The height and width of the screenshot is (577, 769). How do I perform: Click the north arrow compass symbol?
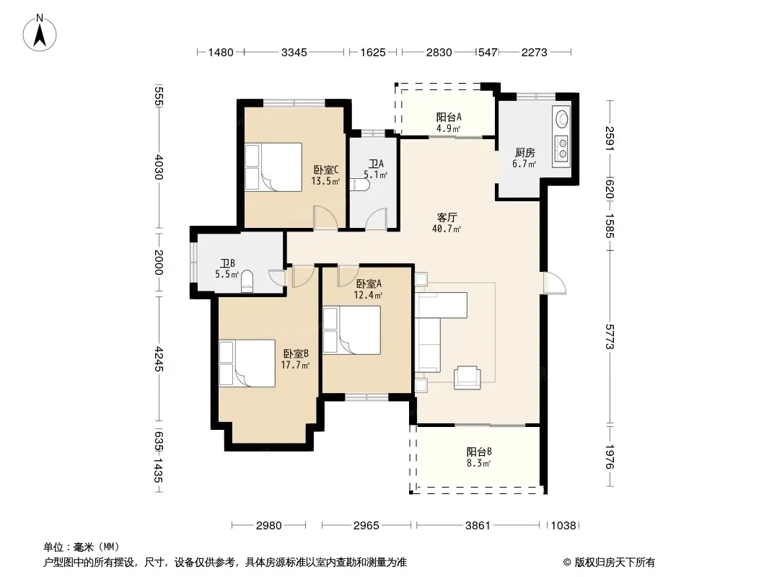click(x=40, y=33)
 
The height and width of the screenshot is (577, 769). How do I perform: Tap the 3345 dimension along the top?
click(x=294, y=52)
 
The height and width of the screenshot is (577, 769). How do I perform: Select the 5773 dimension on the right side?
click(x=610, y=336)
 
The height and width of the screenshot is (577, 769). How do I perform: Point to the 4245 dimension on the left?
click(x=159, y=359)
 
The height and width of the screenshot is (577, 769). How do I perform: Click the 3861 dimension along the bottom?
click(x=478, y=526)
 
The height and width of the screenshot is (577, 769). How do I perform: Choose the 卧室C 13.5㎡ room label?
click(x=325, y=175)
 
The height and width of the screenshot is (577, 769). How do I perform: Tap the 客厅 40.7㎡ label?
click(x=447, y=223)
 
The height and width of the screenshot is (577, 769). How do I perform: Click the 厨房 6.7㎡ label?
click(x=524, y=158)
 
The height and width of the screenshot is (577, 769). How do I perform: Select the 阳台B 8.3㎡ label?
click(x=478, y=457)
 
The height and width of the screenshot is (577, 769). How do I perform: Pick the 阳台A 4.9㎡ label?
click(x=449, y=123)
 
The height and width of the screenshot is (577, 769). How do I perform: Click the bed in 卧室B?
click(x=247, y=364)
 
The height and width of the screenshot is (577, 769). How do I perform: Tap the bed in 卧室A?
click(x=351, y=330)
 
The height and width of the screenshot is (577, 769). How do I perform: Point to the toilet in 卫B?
click(x=247, y=282)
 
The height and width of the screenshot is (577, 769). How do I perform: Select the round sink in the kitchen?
click(x=562, y=118)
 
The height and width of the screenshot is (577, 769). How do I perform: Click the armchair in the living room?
click(x=467, y=377)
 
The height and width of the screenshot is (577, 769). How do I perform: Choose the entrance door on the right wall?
click(x=554, y=283)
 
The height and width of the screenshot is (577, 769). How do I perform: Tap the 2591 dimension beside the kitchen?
click(x=610, y=138)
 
